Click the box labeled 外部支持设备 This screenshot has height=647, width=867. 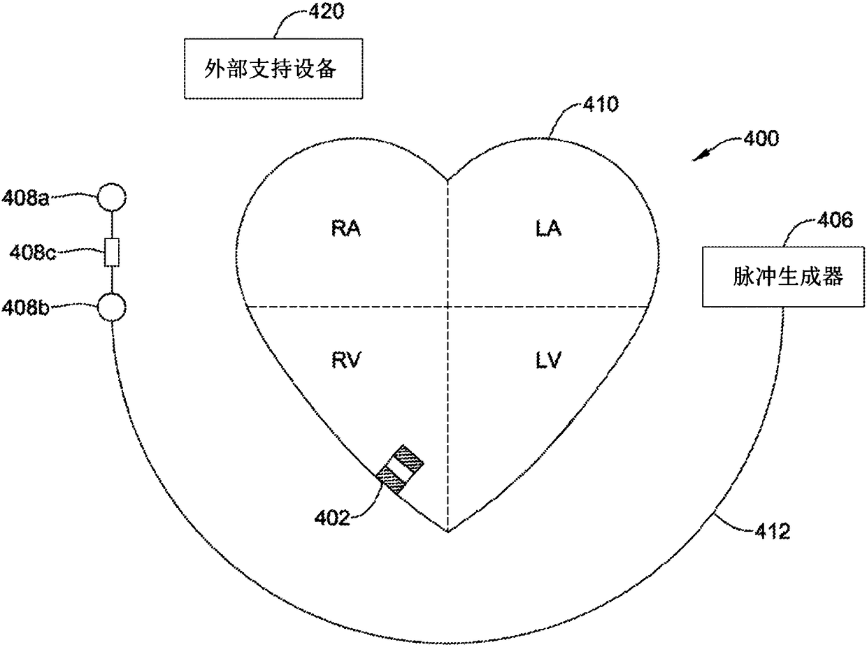(x=273, y=69)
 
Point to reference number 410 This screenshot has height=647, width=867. (x=601, y=105)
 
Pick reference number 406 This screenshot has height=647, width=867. (x=834, y=221)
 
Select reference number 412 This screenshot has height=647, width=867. (x=771, y=532)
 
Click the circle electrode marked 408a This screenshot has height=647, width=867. (x=111, y=198)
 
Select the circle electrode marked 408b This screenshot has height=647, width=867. (x=111, y=306)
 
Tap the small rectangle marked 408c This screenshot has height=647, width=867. (x=111, y=252)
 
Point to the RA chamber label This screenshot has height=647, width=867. (x=347, y=228)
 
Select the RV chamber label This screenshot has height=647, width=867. (x=347, y=360)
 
